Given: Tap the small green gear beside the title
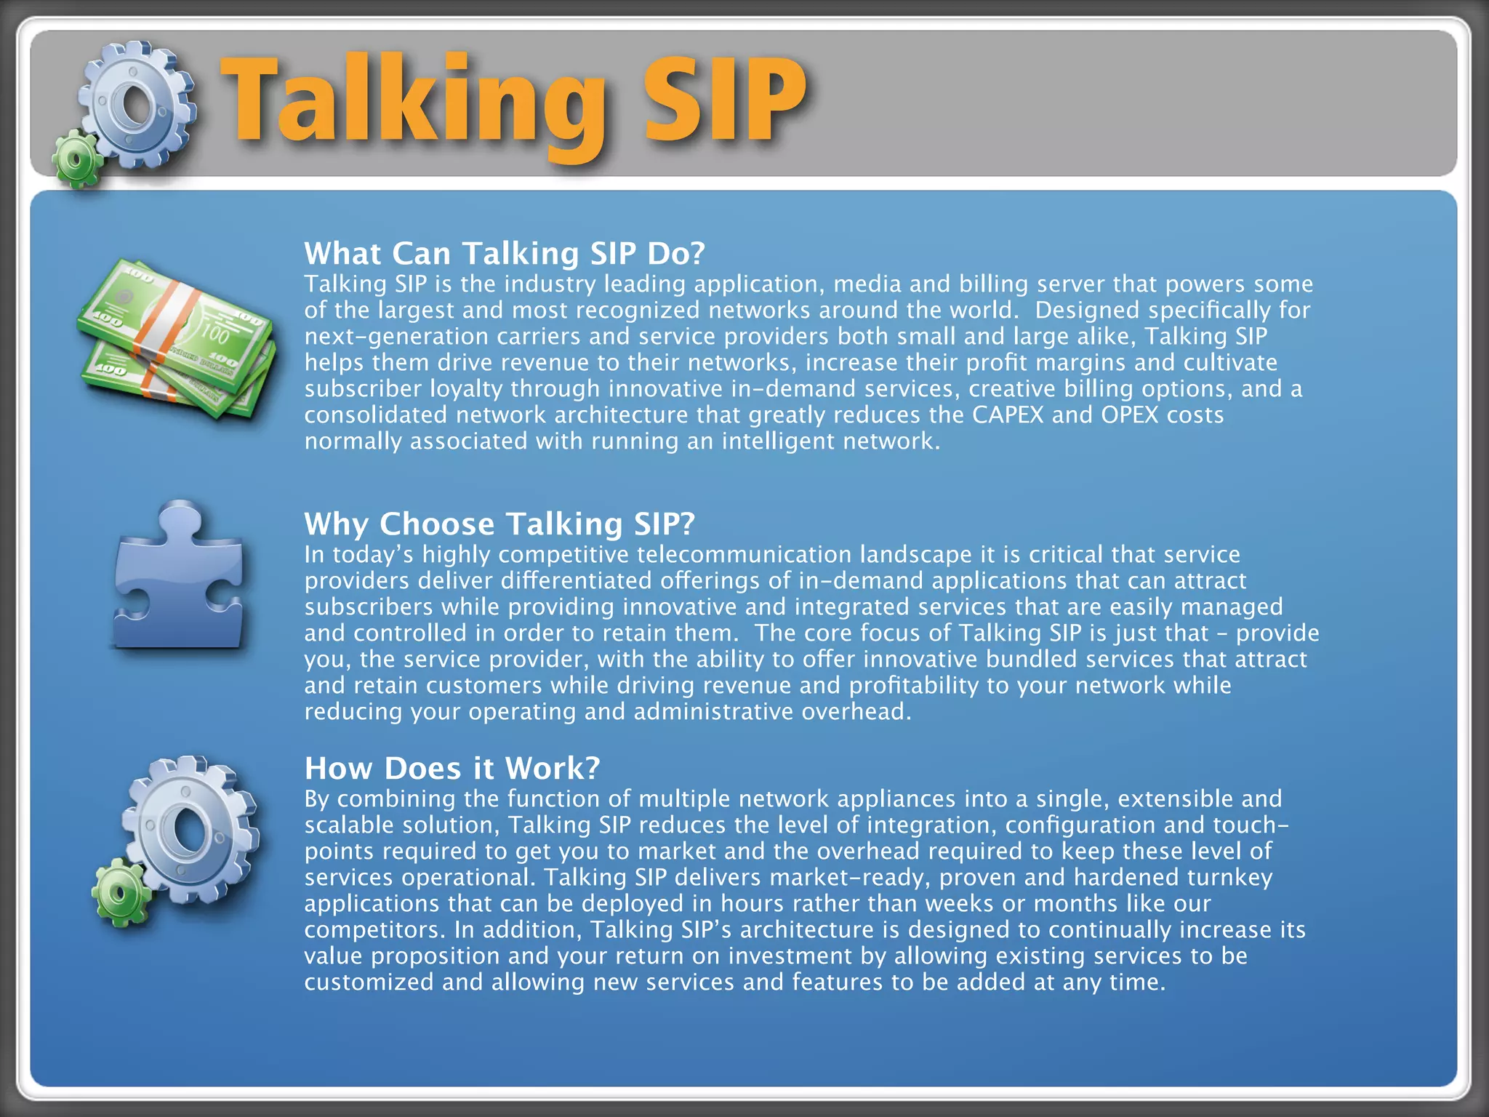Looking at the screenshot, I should click(76, 159).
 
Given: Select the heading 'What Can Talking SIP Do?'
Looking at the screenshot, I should click(505, 253).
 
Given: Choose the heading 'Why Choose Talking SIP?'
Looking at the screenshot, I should click(499, 524).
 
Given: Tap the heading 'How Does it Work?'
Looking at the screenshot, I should click(452, 768).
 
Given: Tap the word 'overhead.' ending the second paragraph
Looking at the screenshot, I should click(856, 712).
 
